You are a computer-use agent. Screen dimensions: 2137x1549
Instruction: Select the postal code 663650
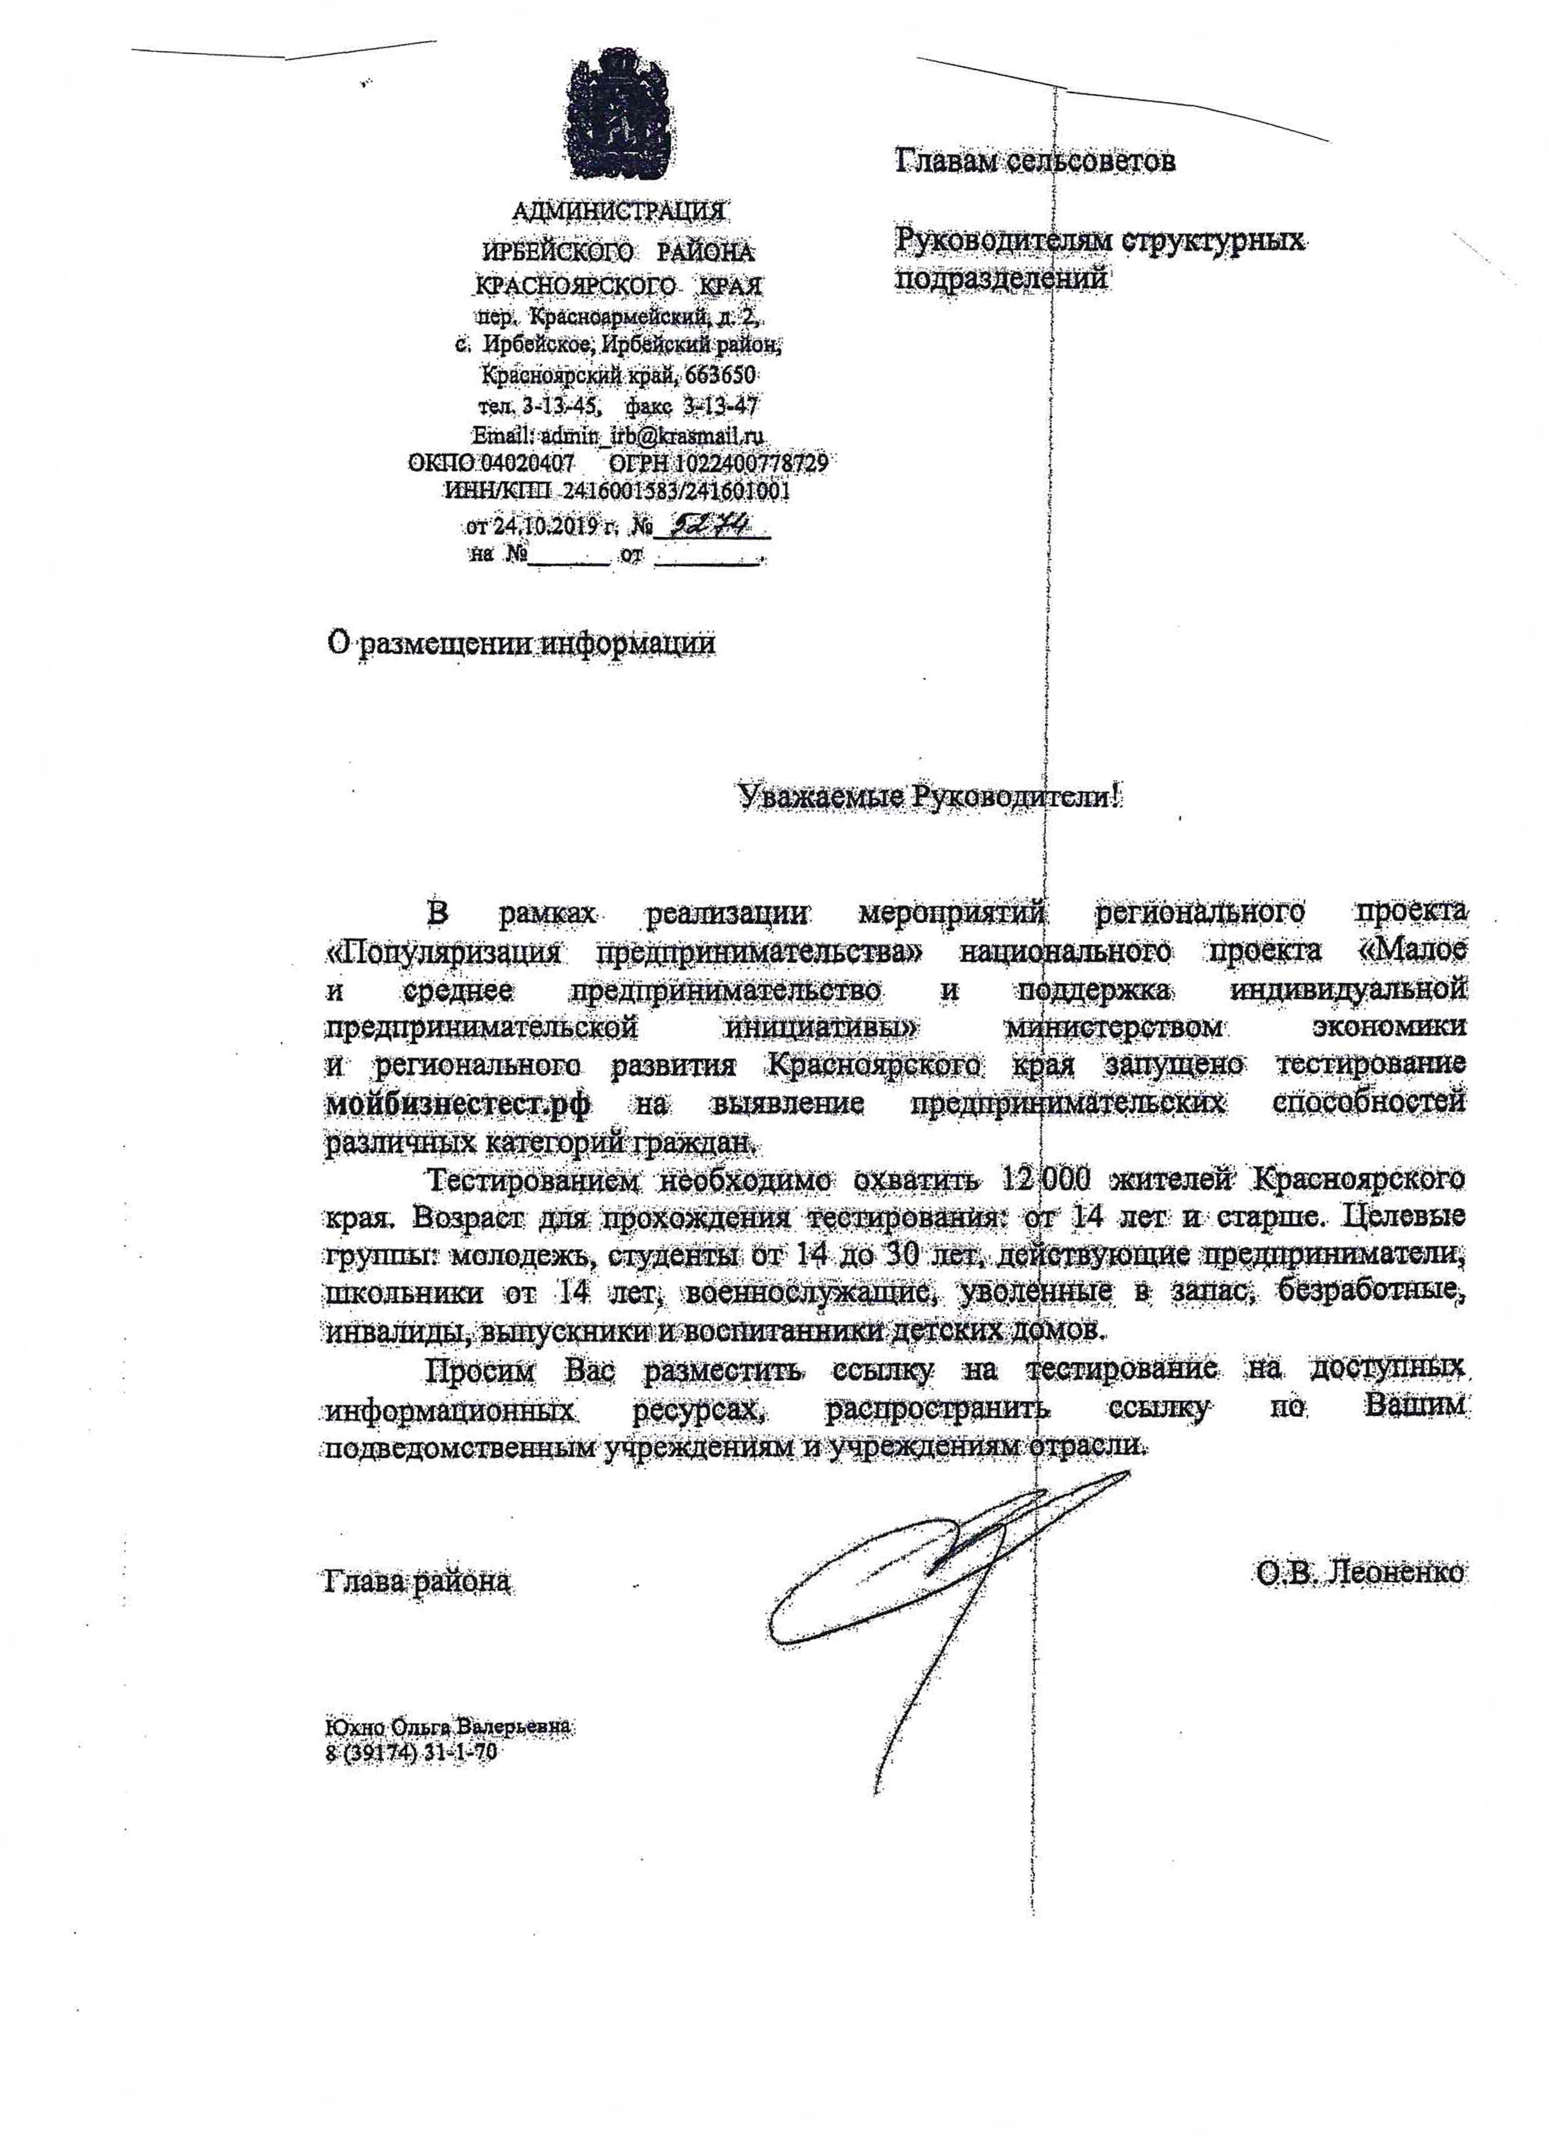pos(721,375)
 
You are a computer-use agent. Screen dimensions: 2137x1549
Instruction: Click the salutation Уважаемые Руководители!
pos(929,797)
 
